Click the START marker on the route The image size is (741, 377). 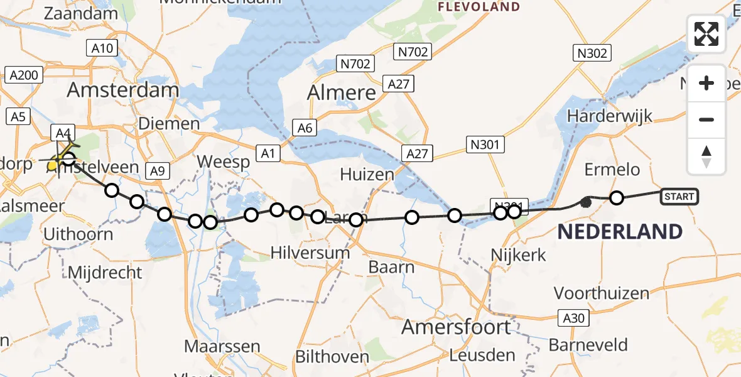(679, 197)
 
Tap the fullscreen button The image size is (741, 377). (706, 34)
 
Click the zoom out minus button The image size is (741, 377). (706, 119)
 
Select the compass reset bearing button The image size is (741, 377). (706, 156)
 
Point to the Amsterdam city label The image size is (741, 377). (123, 89)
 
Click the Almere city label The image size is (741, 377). (342, 93)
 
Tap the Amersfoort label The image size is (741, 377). (456, 327)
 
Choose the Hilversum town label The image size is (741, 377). (310, 253)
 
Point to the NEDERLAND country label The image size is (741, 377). (620, 232)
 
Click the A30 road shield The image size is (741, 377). (574, 318)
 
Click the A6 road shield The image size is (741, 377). (305, 128)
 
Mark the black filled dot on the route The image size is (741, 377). (586, 202)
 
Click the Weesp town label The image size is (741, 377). (223, 161)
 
